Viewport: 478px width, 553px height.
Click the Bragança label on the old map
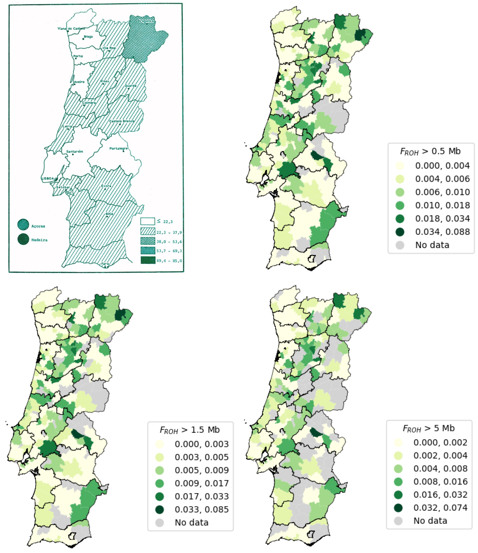[x=146, y=21]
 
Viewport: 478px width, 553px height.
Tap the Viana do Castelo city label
[x=71, y=28]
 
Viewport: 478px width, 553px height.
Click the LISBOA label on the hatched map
[x=48, y=178]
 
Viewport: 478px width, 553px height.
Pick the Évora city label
[x=106, y=186]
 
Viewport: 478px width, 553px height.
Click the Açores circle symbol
[x=23, y=225]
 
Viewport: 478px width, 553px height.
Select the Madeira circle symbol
[x=23, y=239]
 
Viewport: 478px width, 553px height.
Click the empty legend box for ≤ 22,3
[x=147, y=221]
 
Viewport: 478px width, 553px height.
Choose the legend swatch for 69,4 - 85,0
[x=148, y=260]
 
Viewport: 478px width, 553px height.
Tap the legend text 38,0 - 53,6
[x=169, y=242]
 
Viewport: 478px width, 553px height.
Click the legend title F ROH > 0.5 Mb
[x=430, y=151]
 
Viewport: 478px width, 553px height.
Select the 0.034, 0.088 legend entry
[x=442, y=232]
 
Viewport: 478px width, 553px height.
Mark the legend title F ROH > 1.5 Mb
[x=190, y=430]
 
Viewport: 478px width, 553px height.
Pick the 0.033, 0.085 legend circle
[x=160, y=510]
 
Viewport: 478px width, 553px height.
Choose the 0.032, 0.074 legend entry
[x=440, y=508]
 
